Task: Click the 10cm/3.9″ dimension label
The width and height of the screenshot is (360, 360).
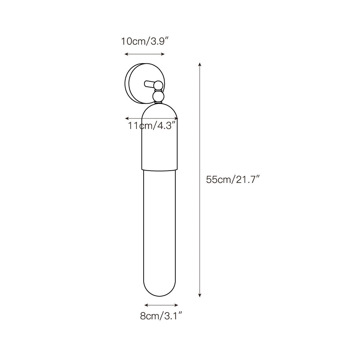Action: pos(145,41)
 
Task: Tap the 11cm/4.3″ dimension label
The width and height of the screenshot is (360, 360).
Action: pos(152,126)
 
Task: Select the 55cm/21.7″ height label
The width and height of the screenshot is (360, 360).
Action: pos(233,179)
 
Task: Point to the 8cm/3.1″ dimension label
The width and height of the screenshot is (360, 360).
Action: pos(161,316)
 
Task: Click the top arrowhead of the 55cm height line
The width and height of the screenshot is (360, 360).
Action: pos(200,64)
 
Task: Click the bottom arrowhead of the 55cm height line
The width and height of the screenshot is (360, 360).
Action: pos(200,295)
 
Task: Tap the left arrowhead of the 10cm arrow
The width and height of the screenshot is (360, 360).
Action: pos(126,54)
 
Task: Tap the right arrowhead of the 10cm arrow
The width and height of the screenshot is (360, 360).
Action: pos(163,54)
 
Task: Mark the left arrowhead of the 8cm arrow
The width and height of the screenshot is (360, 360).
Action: pos(146,305)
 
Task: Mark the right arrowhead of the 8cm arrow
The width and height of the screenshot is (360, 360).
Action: pos(176,305)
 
